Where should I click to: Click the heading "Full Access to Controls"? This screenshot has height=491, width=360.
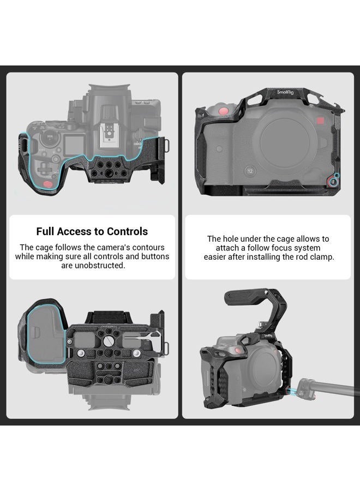pyautogui.click(x=92, y=231)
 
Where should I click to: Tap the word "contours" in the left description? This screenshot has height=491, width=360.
pyautogui.click(x=144, y=248)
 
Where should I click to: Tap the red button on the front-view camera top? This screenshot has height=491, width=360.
pyautogui.click(x=223, y=111)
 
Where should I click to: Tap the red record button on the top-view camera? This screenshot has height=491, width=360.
pyautogui.click(x=49, y=184)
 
